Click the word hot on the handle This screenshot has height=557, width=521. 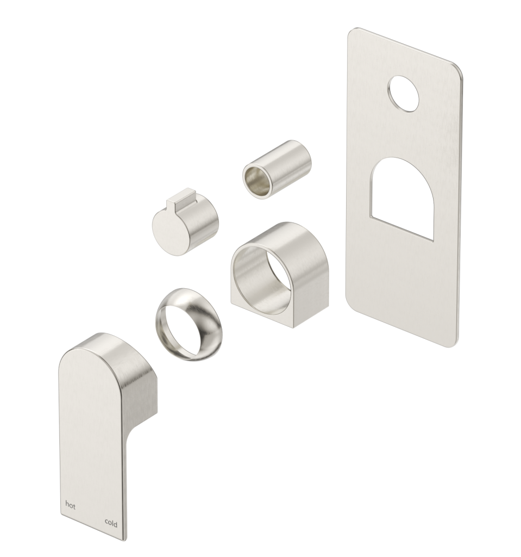point(70,505)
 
